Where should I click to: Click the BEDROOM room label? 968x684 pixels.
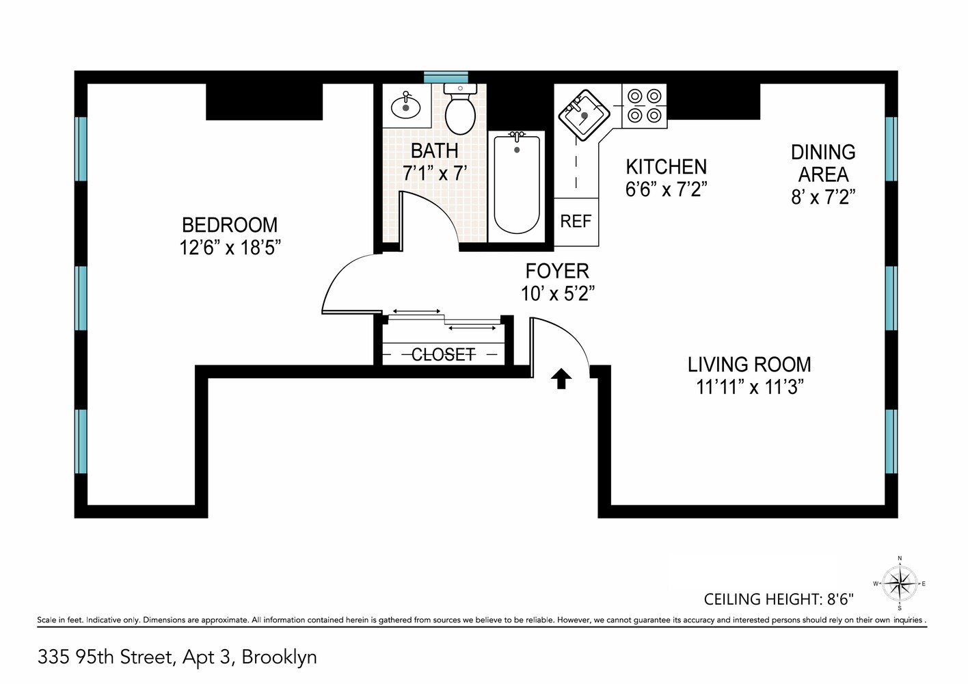coord(230,225)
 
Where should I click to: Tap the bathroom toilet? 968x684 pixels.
coord(460,109)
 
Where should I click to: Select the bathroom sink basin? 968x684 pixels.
coord(405,106)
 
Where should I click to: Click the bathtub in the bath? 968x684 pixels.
coord(516,186)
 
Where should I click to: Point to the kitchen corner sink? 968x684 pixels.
coord(584,115)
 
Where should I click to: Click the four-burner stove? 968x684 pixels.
coord(645,106)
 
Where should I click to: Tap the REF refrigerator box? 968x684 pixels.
coord(576,222)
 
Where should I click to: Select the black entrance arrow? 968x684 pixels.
coord(561,379)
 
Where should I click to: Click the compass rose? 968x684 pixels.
coord(900,583)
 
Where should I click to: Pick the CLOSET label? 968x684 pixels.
coord(444,354)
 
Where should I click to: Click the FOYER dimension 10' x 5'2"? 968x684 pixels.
coord(557,294)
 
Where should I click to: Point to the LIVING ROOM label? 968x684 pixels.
coord(749,365)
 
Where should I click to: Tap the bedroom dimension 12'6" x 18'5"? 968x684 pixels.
coord(230,248)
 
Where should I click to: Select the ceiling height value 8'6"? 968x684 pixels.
coord(840,599)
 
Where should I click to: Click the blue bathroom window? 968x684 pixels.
coord(446,77)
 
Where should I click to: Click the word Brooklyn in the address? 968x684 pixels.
coord(279,657)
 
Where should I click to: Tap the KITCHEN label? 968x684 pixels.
coord(666,167)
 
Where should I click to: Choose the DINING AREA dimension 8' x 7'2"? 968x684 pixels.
coord(823,198)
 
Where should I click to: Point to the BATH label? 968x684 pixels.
coord(434,151)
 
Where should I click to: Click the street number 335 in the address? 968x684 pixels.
coord(53,657)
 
